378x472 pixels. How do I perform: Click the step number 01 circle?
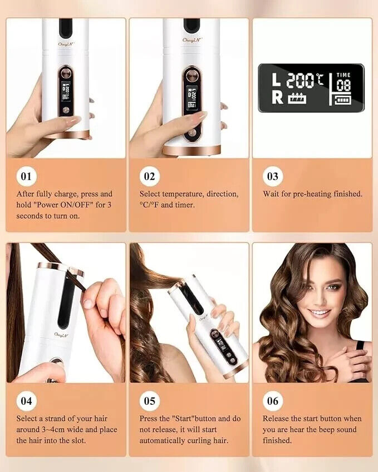coord(26,177)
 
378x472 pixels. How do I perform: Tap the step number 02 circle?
coord(149,177)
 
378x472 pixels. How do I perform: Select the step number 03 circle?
coord(273,177)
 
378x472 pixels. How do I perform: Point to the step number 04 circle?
coord(26,401)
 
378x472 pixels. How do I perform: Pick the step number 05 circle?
coord(149,401)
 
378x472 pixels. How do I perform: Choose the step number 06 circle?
coord(273,401)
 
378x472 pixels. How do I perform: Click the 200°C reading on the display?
coord(305,81)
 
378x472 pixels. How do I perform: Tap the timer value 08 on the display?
coord(343,86)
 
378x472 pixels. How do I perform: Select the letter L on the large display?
coord(276,81)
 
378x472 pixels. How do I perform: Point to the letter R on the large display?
coord(276,99)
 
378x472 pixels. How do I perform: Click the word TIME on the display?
coord(343,74)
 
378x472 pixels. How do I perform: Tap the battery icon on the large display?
coord(343,101)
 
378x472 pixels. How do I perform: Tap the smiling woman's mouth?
coord(320,313)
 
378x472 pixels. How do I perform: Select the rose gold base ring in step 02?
coord(191,150)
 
